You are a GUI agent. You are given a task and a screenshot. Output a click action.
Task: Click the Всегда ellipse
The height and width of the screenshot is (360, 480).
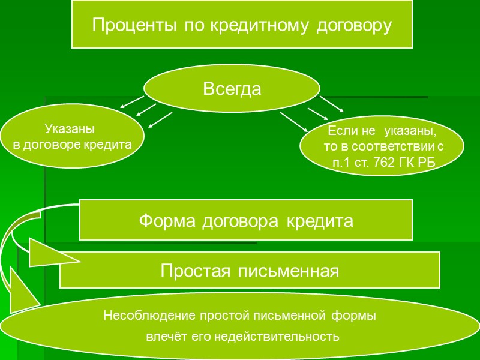(x=232, y=89)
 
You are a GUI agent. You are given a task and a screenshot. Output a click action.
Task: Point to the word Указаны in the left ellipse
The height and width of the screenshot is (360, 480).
(x=70, y=130)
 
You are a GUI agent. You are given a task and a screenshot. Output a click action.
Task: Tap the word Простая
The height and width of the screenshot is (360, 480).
(x=197, y=271)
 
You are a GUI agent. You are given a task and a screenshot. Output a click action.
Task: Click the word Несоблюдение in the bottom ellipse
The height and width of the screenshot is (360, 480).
(x=143, y=314)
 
